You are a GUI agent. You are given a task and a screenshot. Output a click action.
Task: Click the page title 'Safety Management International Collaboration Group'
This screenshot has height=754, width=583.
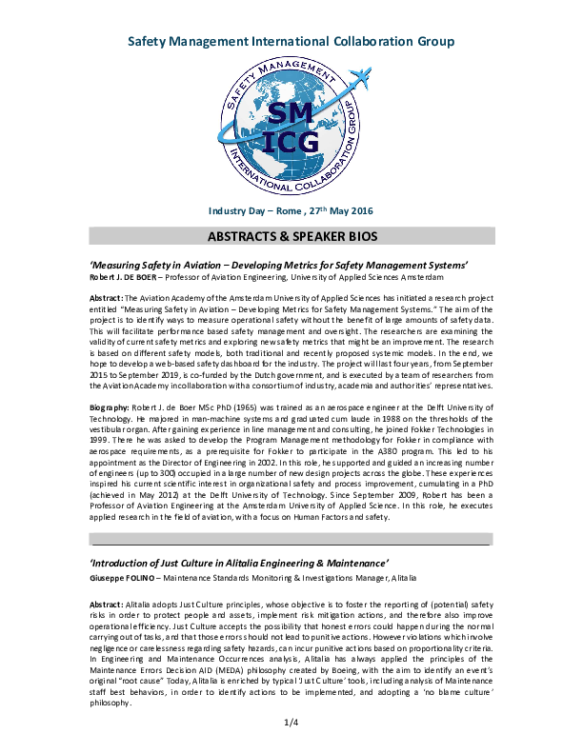tap(291, 42)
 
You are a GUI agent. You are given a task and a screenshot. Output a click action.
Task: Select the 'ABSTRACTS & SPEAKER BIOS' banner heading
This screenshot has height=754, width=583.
tap(291, 236)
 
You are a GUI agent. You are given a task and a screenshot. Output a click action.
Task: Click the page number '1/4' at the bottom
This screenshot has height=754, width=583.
tap(291, 724)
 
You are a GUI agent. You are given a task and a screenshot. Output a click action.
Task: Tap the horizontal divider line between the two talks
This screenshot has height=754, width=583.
tap(291, 545)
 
